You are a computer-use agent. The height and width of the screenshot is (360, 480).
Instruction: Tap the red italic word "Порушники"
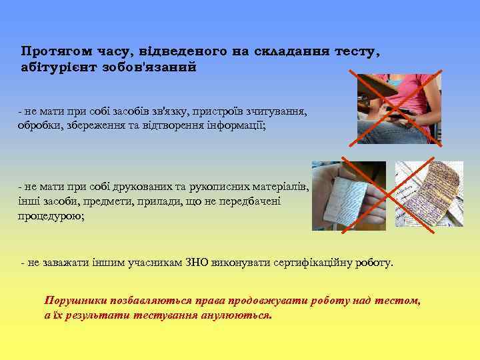[x=75, y=301]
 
